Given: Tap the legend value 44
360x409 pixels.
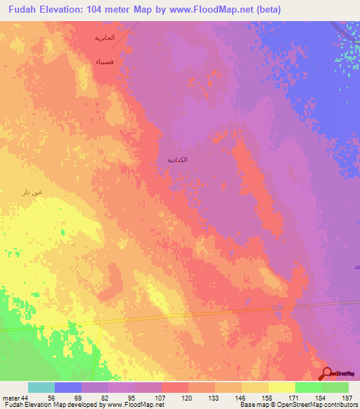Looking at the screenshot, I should point(27,397).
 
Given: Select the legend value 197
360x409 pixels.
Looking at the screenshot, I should point(347,397).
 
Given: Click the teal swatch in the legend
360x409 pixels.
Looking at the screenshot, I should point(41,387).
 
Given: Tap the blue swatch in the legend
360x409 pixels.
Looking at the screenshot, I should point(67,387).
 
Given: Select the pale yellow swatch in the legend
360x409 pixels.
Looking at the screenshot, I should point(281,387).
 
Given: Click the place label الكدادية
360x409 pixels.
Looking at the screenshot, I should point(175,160).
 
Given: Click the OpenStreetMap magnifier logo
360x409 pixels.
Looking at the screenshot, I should point(326,373).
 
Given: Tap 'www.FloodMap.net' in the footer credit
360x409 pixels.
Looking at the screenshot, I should point(132,405).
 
